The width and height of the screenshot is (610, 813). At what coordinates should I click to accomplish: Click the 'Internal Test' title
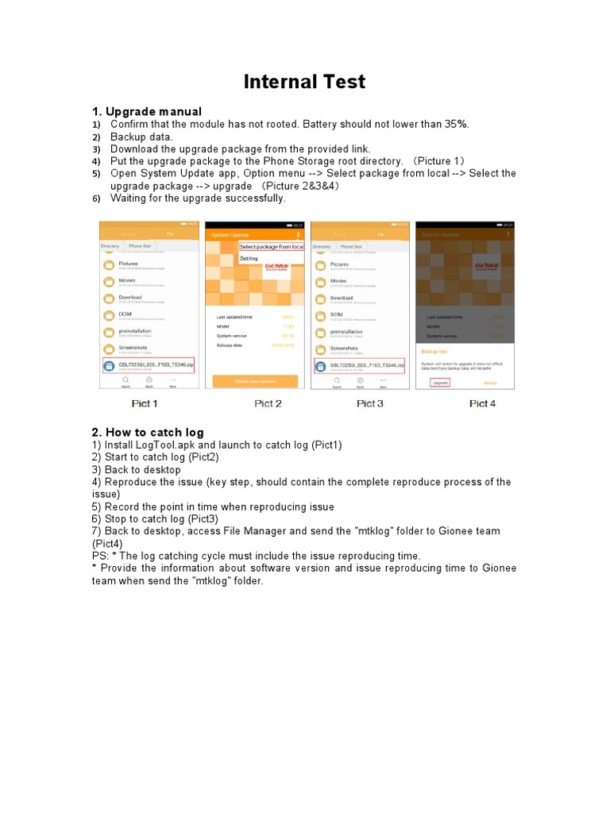tap(304, 82)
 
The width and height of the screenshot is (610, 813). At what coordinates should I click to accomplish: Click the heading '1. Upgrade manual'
tap(147, 111)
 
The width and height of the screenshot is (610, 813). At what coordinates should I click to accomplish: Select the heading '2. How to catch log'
tap(148, 432)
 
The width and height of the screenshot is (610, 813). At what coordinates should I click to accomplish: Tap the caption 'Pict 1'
tap(145, 403)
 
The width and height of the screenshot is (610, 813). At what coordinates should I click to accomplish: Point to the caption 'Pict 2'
tap(268, 403)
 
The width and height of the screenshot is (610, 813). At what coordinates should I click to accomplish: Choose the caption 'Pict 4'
tap(482, 403)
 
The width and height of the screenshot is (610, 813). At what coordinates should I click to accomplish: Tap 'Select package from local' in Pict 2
tap(272, 247)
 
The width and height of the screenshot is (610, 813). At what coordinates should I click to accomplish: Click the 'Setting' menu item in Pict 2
tap(249, 259)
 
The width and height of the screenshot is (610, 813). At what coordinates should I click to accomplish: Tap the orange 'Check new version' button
tap(255, 381)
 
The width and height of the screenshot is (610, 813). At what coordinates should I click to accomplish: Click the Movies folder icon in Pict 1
tap(109, 282)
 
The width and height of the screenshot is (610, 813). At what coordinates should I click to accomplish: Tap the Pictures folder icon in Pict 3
tap(320, 265)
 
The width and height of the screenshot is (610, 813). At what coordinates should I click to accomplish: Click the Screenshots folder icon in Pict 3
tap(320, 349)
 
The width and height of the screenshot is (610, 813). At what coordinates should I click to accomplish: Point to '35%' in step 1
tap(456, 124)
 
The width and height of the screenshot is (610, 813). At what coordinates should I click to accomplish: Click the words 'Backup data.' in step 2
tap(141, 137)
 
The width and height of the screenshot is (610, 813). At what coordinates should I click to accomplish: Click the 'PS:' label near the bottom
tap(101, 556)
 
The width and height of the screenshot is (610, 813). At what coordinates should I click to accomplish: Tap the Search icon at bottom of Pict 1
tap(125, 382)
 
